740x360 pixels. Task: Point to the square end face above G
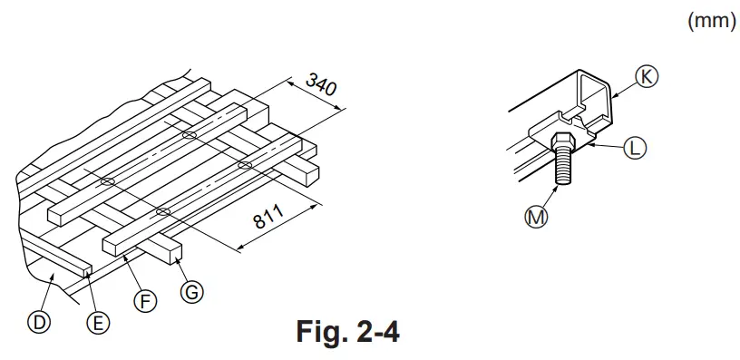[172, 251]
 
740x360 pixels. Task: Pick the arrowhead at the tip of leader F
[126, 259]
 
